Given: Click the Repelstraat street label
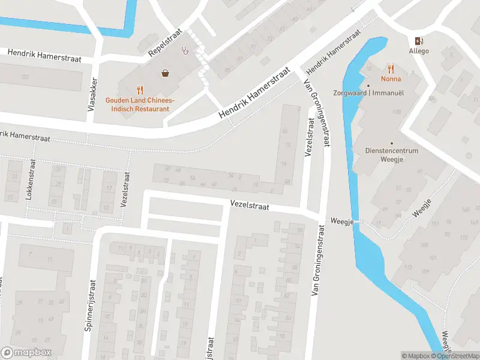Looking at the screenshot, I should pyautogui.click(x=165, y=43).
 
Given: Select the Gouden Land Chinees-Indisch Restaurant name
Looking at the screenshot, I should pyautogui.click(x=140, y=104).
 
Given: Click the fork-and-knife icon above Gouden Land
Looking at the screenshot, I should pyautogui.click(x=140, y=90).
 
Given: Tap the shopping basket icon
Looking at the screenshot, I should pyautogui.click(x=165, y=73).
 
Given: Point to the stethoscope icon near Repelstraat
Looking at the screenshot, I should pyautogui.click(x=187, y=51).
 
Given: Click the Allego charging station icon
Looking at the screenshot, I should pyautogui.click(x=419, y=41).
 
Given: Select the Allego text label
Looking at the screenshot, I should pyautogui.click(x=419, y=52).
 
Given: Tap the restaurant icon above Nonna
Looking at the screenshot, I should pyautogui.click(x=391, y=68).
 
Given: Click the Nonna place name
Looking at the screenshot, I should pyautogui.click(x=391, y=79).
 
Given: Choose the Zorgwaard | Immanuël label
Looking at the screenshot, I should pyautogui.click(x=369, y=93).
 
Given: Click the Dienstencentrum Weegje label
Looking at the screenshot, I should pyautogui.click(x=392, y=155).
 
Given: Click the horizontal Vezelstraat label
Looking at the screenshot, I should pyautogui.click(x=250, y=205).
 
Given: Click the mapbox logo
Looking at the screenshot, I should pyautogui.click(x=26, y=352).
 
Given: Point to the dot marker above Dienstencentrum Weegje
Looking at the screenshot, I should pyautogui.click(x=392, y=143).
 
